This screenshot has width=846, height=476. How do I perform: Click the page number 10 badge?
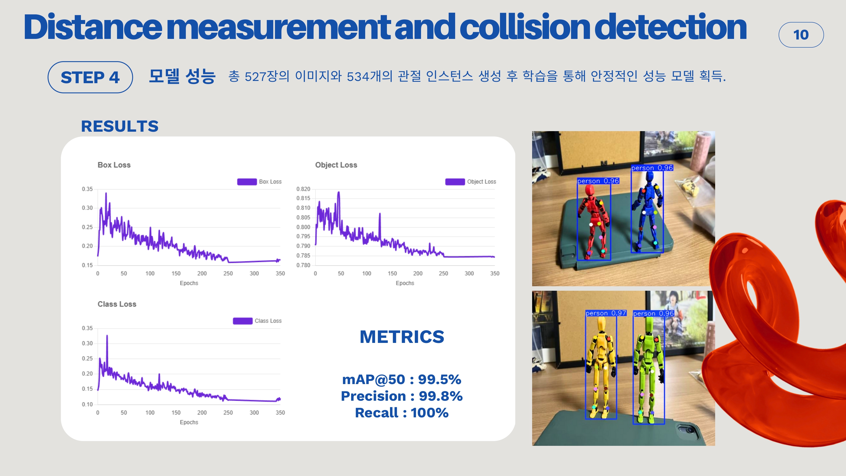click(801, 35)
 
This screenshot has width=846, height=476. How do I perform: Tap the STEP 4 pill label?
click(90, 77)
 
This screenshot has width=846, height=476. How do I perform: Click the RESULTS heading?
click(120, 126)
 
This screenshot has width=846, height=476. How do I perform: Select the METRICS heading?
click(402, 337)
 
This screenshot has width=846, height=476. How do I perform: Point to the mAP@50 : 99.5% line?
click(402, 380)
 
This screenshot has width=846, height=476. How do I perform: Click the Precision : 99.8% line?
click(402, 396)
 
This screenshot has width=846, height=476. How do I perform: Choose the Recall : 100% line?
click(402, 413)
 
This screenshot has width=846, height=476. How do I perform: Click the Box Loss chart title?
click(114, 165)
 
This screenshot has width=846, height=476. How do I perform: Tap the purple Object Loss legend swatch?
click(455, 182)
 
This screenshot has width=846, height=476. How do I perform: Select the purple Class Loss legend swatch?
click(243, 321)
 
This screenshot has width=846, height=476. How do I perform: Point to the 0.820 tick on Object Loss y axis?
click(303, 189)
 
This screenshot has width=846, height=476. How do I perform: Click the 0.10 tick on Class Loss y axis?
click(87, 404)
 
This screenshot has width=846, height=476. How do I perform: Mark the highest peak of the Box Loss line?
click(106, 193)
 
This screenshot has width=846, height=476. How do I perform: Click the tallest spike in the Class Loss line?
click(107, 335)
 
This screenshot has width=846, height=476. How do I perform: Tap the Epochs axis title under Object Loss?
click(405, 283)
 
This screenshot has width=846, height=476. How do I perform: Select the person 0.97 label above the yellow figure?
click(606, 313)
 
